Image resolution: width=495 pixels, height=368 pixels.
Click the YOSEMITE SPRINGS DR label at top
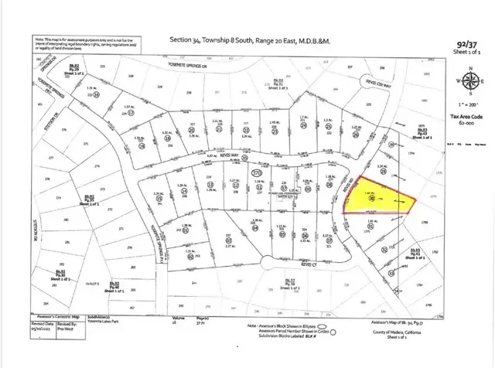point(210,67)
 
